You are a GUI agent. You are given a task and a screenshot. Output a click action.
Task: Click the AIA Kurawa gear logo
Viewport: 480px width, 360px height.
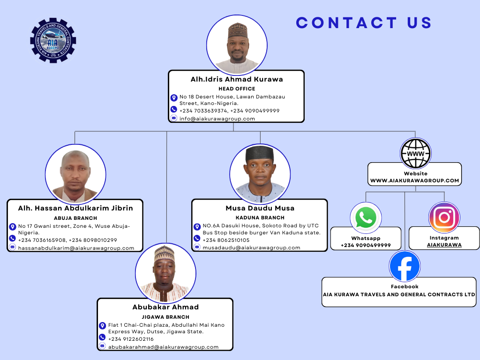53,40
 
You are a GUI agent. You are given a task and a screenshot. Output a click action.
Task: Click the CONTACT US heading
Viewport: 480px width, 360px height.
364,22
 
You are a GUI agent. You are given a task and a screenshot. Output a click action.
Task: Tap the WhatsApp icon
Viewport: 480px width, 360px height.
366,217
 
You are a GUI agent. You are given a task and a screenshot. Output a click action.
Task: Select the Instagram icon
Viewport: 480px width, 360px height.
444,217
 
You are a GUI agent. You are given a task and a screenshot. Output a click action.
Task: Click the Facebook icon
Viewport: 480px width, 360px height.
405,266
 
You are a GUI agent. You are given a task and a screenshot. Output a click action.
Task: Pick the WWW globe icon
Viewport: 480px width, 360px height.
415,153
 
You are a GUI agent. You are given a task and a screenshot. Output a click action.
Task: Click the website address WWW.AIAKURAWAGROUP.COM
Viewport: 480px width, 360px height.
414,180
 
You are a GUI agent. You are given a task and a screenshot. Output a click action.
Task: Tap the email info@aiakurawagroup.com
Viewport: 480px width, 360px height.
217,119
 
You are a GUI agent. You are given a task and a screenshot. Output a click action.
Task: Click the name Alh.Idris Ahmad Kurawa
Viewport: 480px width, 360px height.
236,79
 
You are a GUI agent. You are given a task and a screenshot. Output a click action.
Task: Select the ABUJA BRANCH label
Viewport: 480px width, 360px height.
75,218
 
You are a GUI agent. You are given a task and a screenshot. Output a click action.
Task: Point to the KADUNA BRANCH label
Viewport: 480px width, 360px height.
260,217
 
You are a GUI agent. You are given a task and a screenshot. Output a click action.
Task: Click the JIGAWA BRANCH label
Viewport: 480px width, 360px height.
165,317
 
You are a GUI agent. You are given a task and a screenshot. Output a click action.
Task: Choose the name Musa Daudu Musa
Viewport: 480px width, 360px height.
260,208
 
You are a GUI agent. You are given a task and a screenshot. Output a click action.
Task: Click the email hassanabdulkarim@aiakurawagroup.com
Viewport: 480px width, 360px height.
76,248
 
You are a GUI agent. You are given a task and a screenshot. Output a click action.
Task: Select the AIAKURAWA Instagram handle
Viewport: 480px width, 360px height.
444,245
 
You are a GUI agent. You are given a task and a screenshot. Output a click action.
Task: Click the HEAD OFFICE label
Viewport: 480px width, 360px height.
237,89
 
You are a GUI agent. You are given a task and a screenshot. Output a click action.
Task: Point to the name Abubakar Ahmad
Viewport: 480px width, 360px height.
165,307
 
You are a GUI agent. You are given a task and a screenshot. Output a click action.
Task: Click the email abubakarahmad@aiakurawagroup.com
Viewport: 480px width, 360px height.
163,347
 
